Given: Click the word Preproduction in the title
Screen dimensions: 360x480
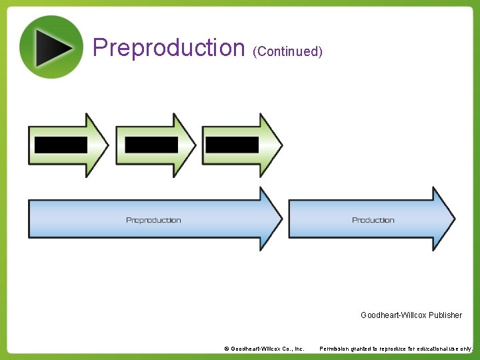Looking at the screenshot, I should click(x=169, y=48).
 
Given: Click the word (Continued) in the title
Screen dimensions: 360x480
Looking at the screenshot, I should click(x=287, y=51).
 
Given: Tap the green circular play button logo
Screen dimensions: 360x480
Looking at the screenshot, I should click(x=51, y=47).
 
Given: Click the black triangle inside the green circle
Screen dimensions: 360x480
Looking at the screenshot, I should click(x=53, y=47).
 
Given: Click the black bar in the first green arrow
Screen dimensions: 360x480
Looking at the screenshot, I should click(x=61, y=145).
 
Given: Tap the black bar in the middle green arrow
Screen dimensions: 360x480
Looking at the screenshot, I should click(x=151, y=145).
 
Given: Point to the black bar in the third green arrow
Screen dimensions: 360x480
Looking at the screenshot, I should click(x=232, y=145).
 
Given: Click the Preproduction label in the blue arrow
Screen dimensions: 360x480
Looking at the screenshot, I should click(x=153, y=220).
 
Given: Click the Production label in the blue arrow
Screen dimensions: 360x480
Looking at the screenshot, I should click(x=373, y=220).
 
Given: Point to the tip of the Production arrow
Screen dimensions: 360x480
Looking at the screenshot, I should click(x=453, y=219).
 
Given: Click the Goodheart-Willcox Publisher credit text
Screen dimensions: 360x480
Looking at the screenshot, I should click(x=411, y=315).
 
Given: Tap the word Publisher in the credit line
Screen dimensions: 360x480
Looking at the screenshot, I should click(x=445, y=315).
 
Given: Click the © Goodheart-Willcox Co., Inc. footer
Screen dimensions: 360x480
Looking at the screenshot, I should click(x=264, y=349).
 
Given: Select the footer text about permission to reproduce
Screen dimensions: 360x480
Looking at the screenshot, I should click(x=396, y=349).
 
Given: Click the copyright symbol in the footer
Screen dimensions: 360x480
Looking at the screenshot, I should click(x=227, y=349).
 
